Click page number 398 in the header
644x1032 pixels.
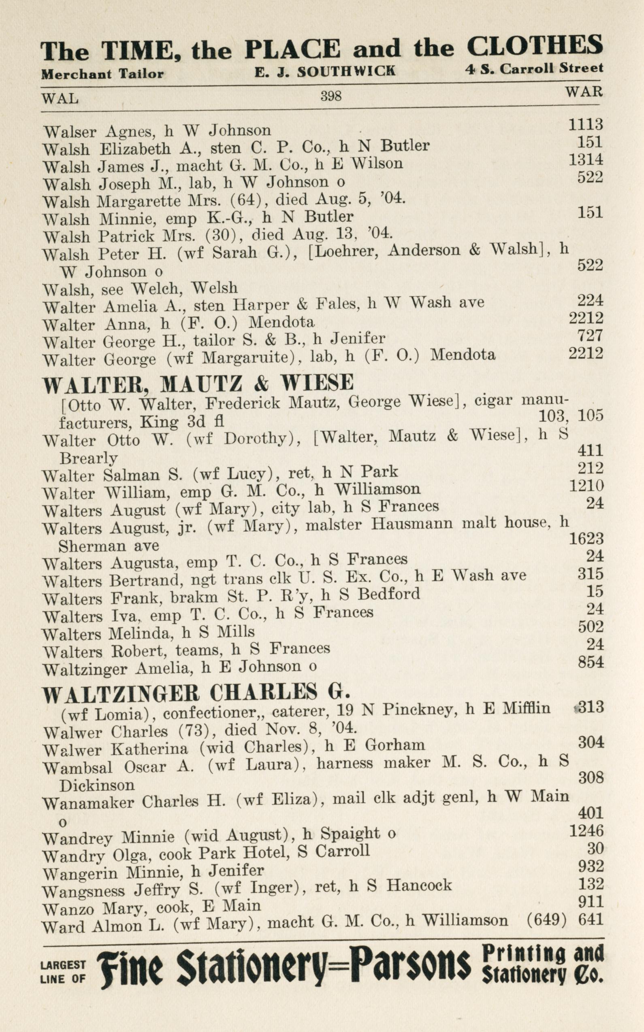coord(331,97)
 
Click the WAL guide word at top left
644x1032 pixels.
coord(60,99)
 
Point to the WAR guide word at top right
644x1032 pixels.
coord(584,91)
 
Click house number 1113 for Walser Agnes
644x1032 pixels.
coord(586,124)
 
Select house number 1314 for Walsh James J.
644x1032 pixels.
coord(586,159)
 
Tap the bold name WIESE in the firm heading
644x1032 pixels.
coord(316,382)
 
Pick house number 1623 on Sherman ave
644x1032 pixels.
coord(586,539)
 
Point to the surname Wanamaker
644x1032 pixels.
coord(88,803)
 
